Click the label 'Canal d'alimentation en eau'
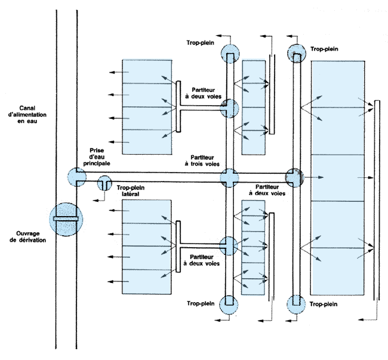pyautogui.click(x=27, y=115)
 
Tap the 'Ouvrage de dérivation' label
pyautogui.click(x=27, y=237)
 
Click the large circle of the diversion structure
pyautogui.click(x=66, y=219)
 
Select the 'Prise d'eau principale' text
pyautogui.click(x=97, y=157)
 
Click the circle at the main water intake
pyautogui.click(x=77, y=177)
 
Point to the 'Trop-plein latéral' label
pyautogui.click(x=130, y=191)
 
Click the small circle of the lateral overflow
pyautogui.click(x=104, y=183)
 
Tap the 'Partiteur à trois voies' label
pyautogui.click(x=202, y=161)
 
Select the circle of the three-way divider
pyautogui.click(x=229, y=178)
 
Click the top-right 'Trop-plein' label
pyautogui.click(x=324, y=49)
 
